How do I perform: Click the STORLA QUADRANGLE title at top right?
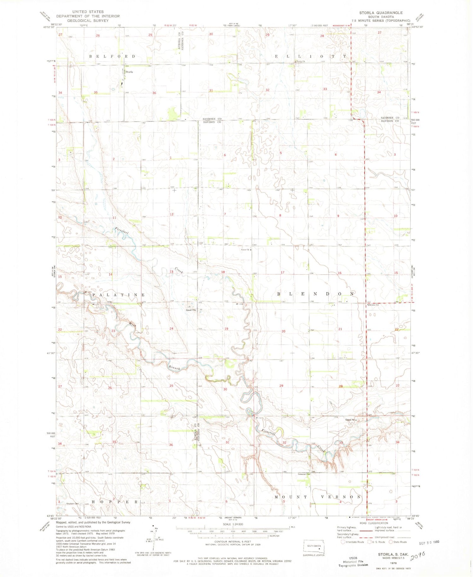click(x=381, y=13)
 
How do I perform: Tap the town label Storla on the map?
click(x=129, y=72)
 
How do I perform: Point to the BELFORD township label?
click(x=112, y=56)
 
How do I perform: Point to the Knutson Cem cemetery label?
click(x=72, y=504)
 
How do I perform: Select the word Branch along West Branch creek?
click(x=174, y=368)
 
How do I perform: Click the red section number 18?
click(x=223, y=272)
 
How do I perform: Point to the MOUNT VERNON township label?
click(x=317, y=497)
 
